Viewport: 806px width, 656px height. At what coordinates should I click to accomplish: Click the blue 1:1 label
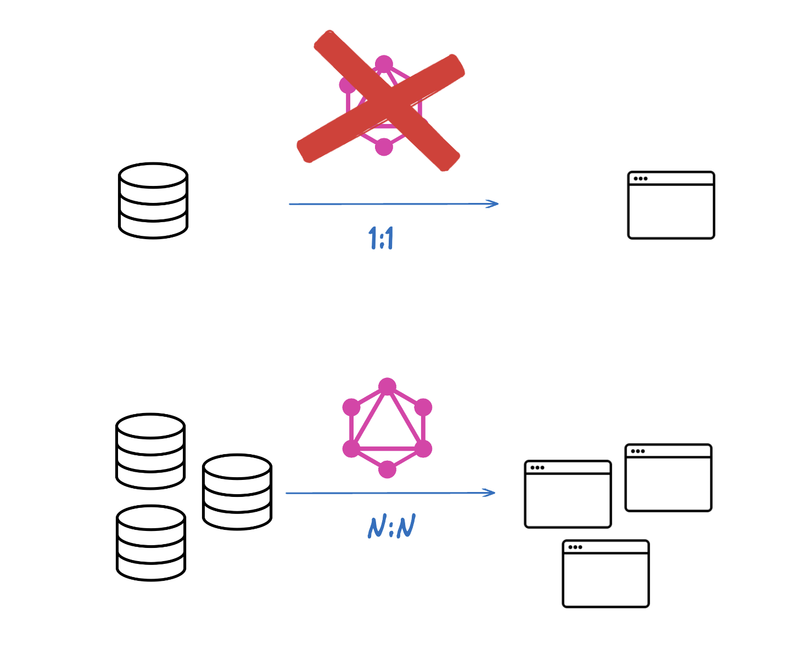coord(381,237)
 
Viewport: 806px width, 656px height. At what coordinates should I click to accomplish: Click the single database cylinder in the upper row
coord(153,201)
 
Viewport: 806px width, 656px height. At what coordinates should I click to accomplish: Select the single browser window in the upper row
coord(671,205)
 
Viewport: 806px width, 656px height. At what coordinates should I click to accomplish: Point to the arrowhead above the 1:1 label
coord(492,203)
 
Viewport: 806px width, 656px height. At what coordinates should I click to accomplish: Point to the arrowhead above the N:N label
coord(489,493)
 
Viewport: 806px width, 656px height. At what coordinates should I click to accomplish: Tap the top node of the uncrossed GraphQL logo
coord(387,387)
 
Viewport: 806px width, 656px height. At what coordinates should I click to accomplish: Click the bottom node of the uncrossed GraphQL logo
coord(387,470)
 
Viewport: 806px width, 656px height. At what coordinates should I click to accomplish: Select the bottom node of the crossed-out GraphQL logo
coord(384,147)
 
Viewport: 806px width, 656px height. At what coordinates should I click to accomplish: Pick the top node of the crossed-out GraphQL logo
coord(384,64)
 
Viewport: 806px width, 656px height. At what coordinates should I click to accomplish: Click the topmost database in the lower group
coord(150,451)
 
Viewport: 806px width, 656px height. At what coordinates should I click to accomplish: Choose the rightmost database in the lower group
coord(237,491)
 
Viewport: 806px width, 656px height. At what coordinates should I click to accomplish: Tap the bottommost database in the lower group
coord(150,542)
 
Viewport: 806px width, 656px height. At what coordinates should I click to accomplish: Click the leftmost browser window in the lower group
coord(568,494)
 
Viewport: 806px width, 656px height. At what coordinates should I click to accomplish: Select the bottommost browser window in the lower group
coord(606,574)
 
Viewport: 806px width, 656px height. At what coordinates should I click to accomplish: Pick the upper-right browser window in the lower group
coord(668,478)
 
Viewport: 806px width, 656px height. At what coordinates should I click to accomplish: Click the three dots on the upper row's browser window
coord(640,178)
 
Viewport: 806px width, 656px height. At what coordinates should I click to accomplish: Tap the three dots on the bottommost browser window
coord(575,547)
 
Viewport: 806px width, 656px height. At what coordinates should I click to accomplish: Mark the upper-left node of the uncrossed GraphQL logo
coord(351,408)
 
